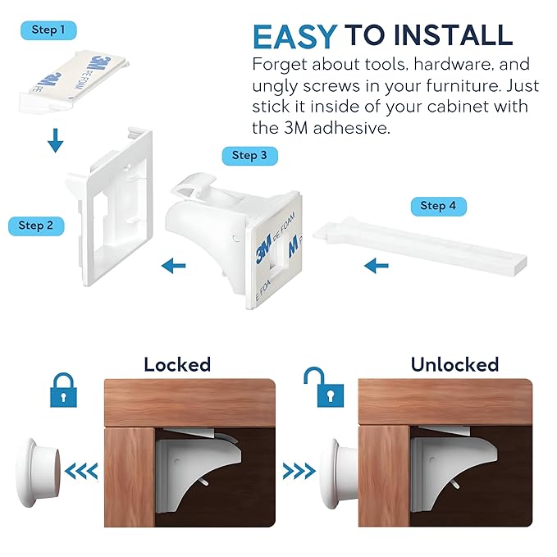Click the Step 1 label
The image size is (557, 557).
coord(48,30)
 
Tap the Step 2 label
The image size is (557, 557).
coord(36,225)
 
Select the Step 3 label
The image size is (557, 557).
coord(249,155)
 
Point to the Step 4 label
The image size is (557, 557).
coord(438,205)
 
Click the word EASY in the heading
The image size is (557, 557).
coord(294,37)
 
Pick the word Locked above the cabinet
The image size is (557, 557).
coord(177,364)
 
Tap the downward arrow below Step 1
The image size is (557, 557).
coord(55,142)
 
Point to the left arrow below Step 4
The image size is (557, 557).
coord(376,265)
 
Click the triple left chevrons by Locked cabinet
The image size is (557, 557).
coord(81,470)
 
